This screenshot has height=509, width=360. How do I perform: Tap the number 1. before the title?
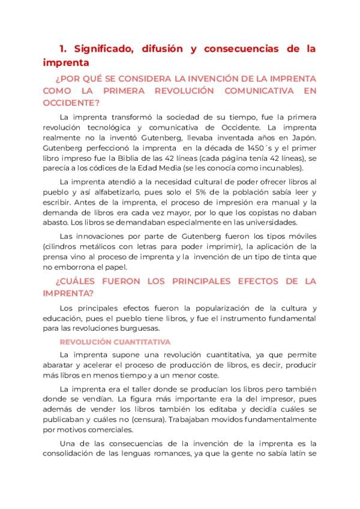tap(63, 49)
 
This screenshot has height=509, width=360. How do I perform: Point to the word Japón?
tap(303, 137)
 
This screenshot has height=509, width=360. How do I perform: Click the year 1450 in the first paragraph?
tap(257, 148)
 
